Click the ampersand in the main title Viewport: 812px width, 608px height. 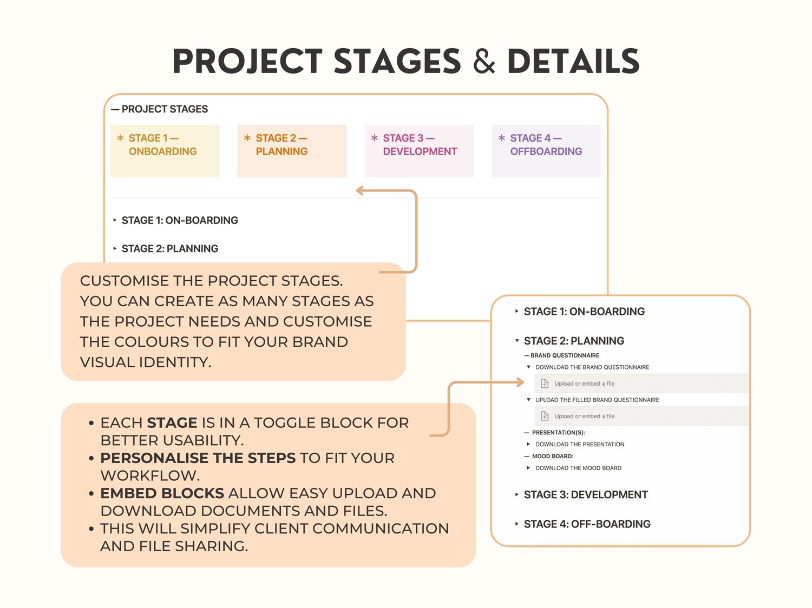click(x=484, y=61)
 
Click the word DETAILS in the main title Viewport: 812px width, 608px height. click(x=573, y=61)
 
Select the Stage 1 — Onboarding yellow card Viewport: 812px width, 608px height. click(x=165, y=151)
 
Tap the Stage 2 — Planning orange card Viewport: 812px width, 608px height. click(x=292, y=151)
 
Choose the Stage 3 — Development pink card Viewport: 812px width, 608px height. click(x=419, y=151)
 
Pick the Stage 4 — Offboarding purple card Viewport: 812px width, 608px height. click(x=546, y=151)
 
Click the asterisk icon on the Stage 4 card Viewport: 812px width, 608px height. click(x=502, y=138)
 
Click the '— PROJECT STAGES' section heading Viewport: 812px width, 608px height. click(x=160, y=109)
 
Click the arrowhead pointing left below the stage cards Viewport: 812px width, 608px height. click(x=359, y=191)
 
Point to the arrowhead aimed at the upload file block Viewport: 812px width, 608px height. click(x=520, y=382)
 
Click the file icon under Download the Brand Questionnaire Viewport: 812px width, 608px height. click(x=545, y=384)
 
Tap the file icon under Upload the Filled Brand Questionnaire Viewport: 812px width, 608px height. click(x=545, y=416)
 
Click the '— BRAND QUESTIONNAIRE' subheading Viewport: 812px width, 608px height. click(x=561, y=355)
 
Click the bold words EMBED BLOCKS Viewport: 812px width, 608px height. click(x=162, y=493)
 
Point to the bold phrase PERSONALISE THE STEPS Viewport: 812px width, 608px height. click(x=198, y=458)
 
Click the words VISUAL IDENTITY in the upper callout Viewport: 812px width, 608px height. click(x=146, y=362)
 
